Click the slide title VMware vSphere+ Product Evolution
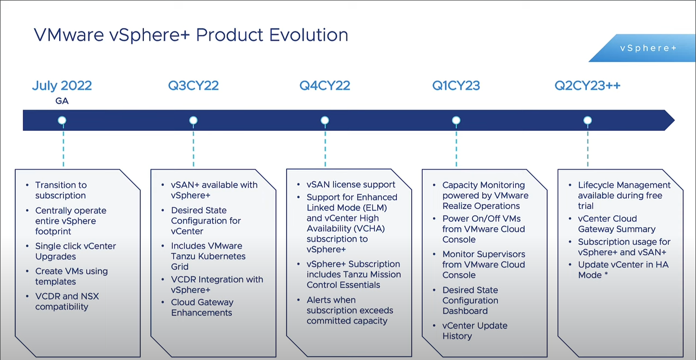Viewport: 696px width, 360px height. click(x=191, y=35)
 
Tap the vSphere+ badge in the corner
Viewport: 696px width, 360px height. click(x=648, y=48)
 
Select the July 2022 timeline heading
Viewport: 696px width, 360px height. click(x=62, y=86)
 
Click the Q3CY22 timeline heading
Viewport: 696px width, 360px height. click(x=193, y=86)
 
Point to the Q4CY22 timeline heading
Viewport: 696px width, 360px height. click(x=325, y=86)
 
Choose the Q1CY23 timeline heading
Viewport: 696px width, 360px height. click(x=456, y=86)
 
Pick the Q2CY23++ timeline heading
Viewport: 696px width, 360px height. click(x=587, y=86)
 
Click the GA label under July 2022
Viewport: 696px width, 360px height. click(x=62, y=101)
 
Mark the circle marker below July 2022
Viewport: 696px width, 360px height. click(x=62, y=121)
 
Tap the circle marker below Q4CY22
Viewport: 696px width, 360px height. click(x=325, y=121)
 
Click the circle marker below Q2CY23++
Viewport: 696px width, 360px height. click(x=587, y=121)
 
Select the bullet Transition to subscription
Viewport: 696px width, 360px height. click(x=61, y=190)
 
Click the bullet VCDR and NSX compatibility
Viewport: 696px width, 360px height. click(x=67, y=301)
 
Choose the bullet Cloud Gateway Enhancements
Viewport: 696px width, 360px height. click(x=202, y=307)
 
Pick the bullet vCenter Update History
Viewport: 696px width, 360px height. click(x=474, y=331)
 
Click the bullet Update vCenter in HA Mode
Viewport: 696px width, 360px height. click(x=623, y=269)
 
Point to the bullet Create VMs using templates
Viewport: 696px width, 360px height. click(x=71, y=276)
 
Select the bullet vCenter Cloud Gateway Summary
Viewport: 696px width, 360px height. click(x=616, y=224)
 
